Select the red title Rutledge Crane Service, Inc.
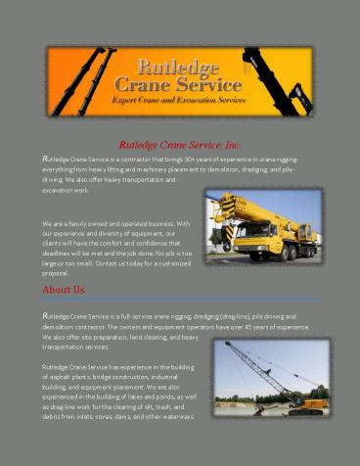coord(180,145)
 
